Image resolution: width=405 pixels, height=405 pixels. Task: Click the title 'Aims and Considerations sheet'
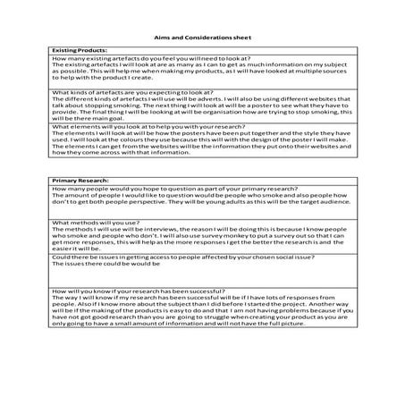[x=202, y=39]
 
